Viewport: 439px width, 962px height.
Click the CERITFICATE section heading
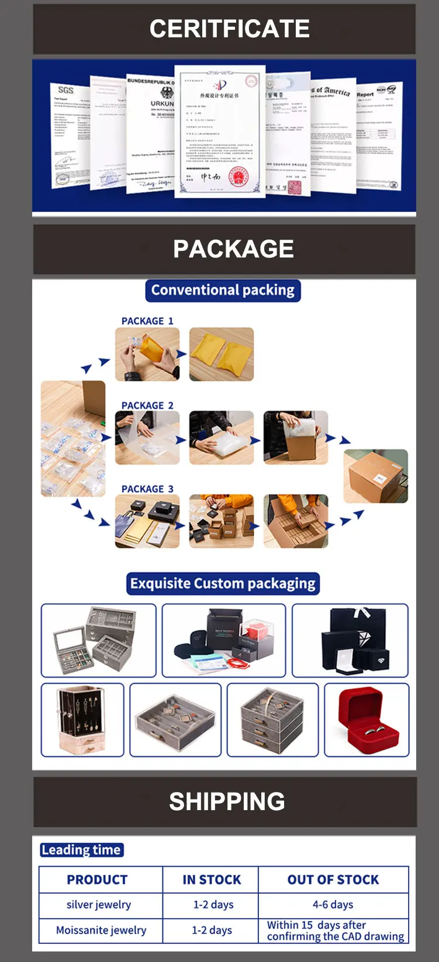(x=229, y=29)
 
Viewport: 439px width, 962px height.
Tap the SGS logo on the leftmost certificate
(x=65, y=89)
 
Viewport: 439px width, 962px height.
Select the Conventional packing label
(x=223, y=290)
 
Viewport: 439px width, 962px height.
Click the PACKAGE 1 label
(x=147, y=321)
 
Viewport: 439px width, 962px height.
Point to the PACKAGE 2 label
(x=147, y=405)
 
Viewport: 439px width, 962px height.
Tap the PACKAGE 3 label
(x=147, y=489)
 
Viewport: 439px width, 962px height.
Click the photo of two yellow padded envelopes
(x=222, y=355)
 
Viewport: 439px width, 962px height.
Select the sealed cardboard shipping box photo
(x=375, y=475)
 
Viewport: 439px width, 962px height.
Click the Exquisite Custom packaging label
(x=223, y=584)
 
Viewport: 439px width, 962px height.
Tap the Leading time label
(x=81, y=850)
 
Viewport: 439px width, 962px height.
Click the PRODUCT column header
(x=97, y=880)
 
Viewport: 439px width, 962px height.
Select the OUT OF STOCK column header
(x=333, y=880)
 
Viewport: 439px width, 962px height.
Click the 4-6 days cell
(x=333, y=905)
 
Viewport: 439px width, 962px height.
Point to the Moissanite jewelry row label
(x=101, y=930)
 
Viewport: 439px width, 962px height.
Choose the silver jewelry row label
(x=99, y=905)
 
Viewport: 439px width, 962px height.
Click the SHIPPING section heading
(x=227, y=801)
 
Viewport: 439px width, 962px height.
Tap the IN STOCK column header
(x=212, y=880)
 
